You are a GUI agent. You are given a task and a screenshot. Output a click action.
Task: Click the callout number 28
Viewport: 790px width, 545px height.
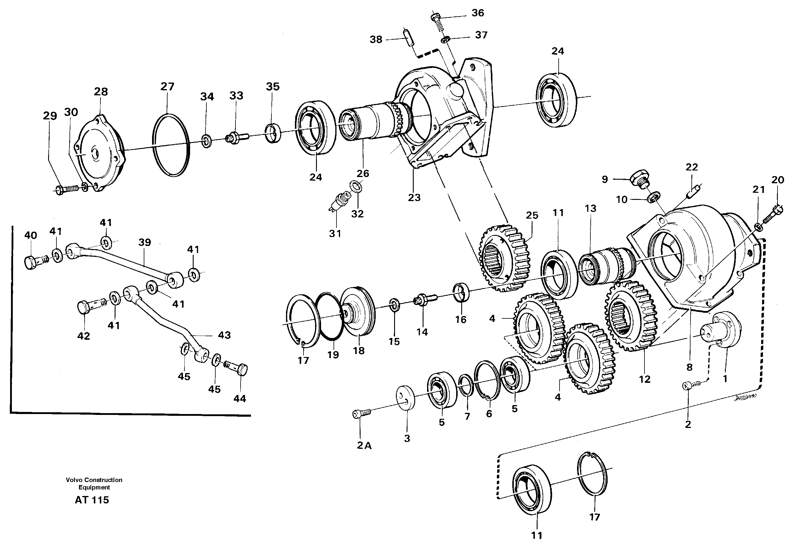[101, 91]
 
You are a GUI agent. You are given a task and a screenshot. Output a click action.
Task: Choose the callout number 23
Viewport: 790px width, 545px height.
[414, 198]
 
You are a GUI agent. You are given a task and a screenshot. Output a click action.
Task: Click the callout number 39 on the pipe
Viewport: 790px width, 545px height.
[144, 242]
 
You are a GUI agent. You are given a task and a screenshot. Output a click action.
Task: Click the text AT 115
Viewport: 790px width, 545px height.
[92, 500]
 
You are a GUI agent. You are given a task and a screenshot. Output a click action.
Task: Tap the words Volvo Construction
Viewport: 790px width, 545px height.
[94, 480]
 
